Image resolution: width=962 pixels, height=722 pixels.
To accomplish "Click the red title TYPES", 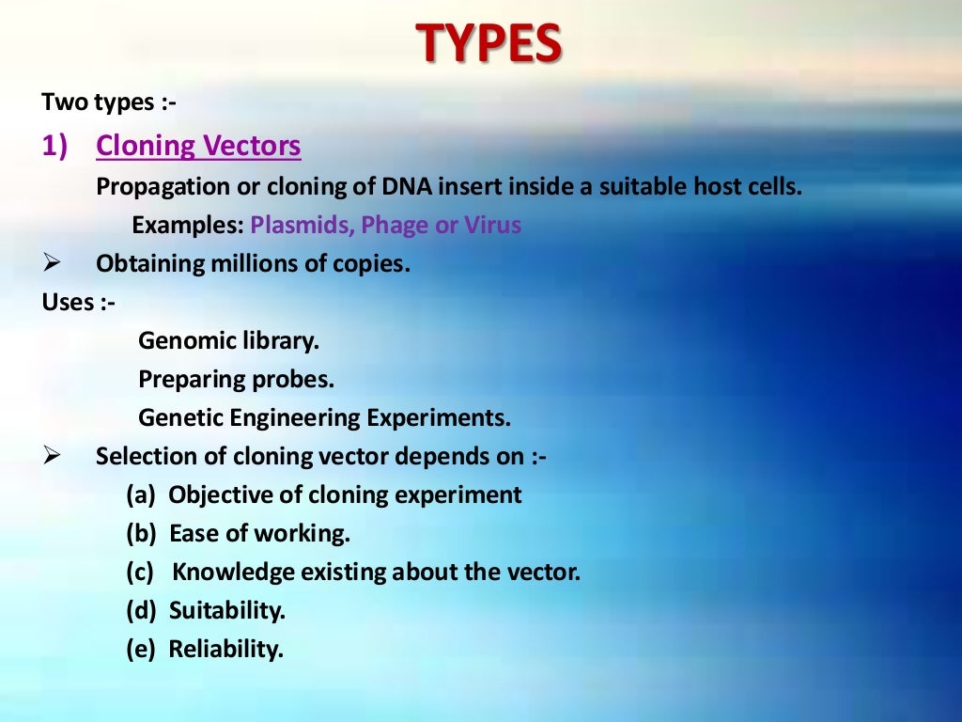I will tap(489, 44).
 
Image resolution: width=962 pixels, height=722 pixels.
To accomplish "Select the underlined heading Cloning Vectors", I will tap(198, 146).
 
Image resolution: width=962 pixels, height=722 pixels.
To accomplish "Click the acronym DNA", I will tap(405, 186).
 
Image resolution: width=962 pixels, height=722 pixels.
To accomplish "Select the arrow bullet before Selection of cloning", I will tap(52, 457).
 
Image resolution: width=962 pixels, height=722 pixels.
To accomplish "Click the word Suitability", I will tap(226, 611).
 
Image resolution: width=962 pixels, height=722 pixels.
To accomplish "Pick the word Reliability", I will tap(225, 650).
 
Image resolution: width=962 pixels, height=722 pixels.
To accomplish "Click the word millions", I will tap(247, 264).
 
